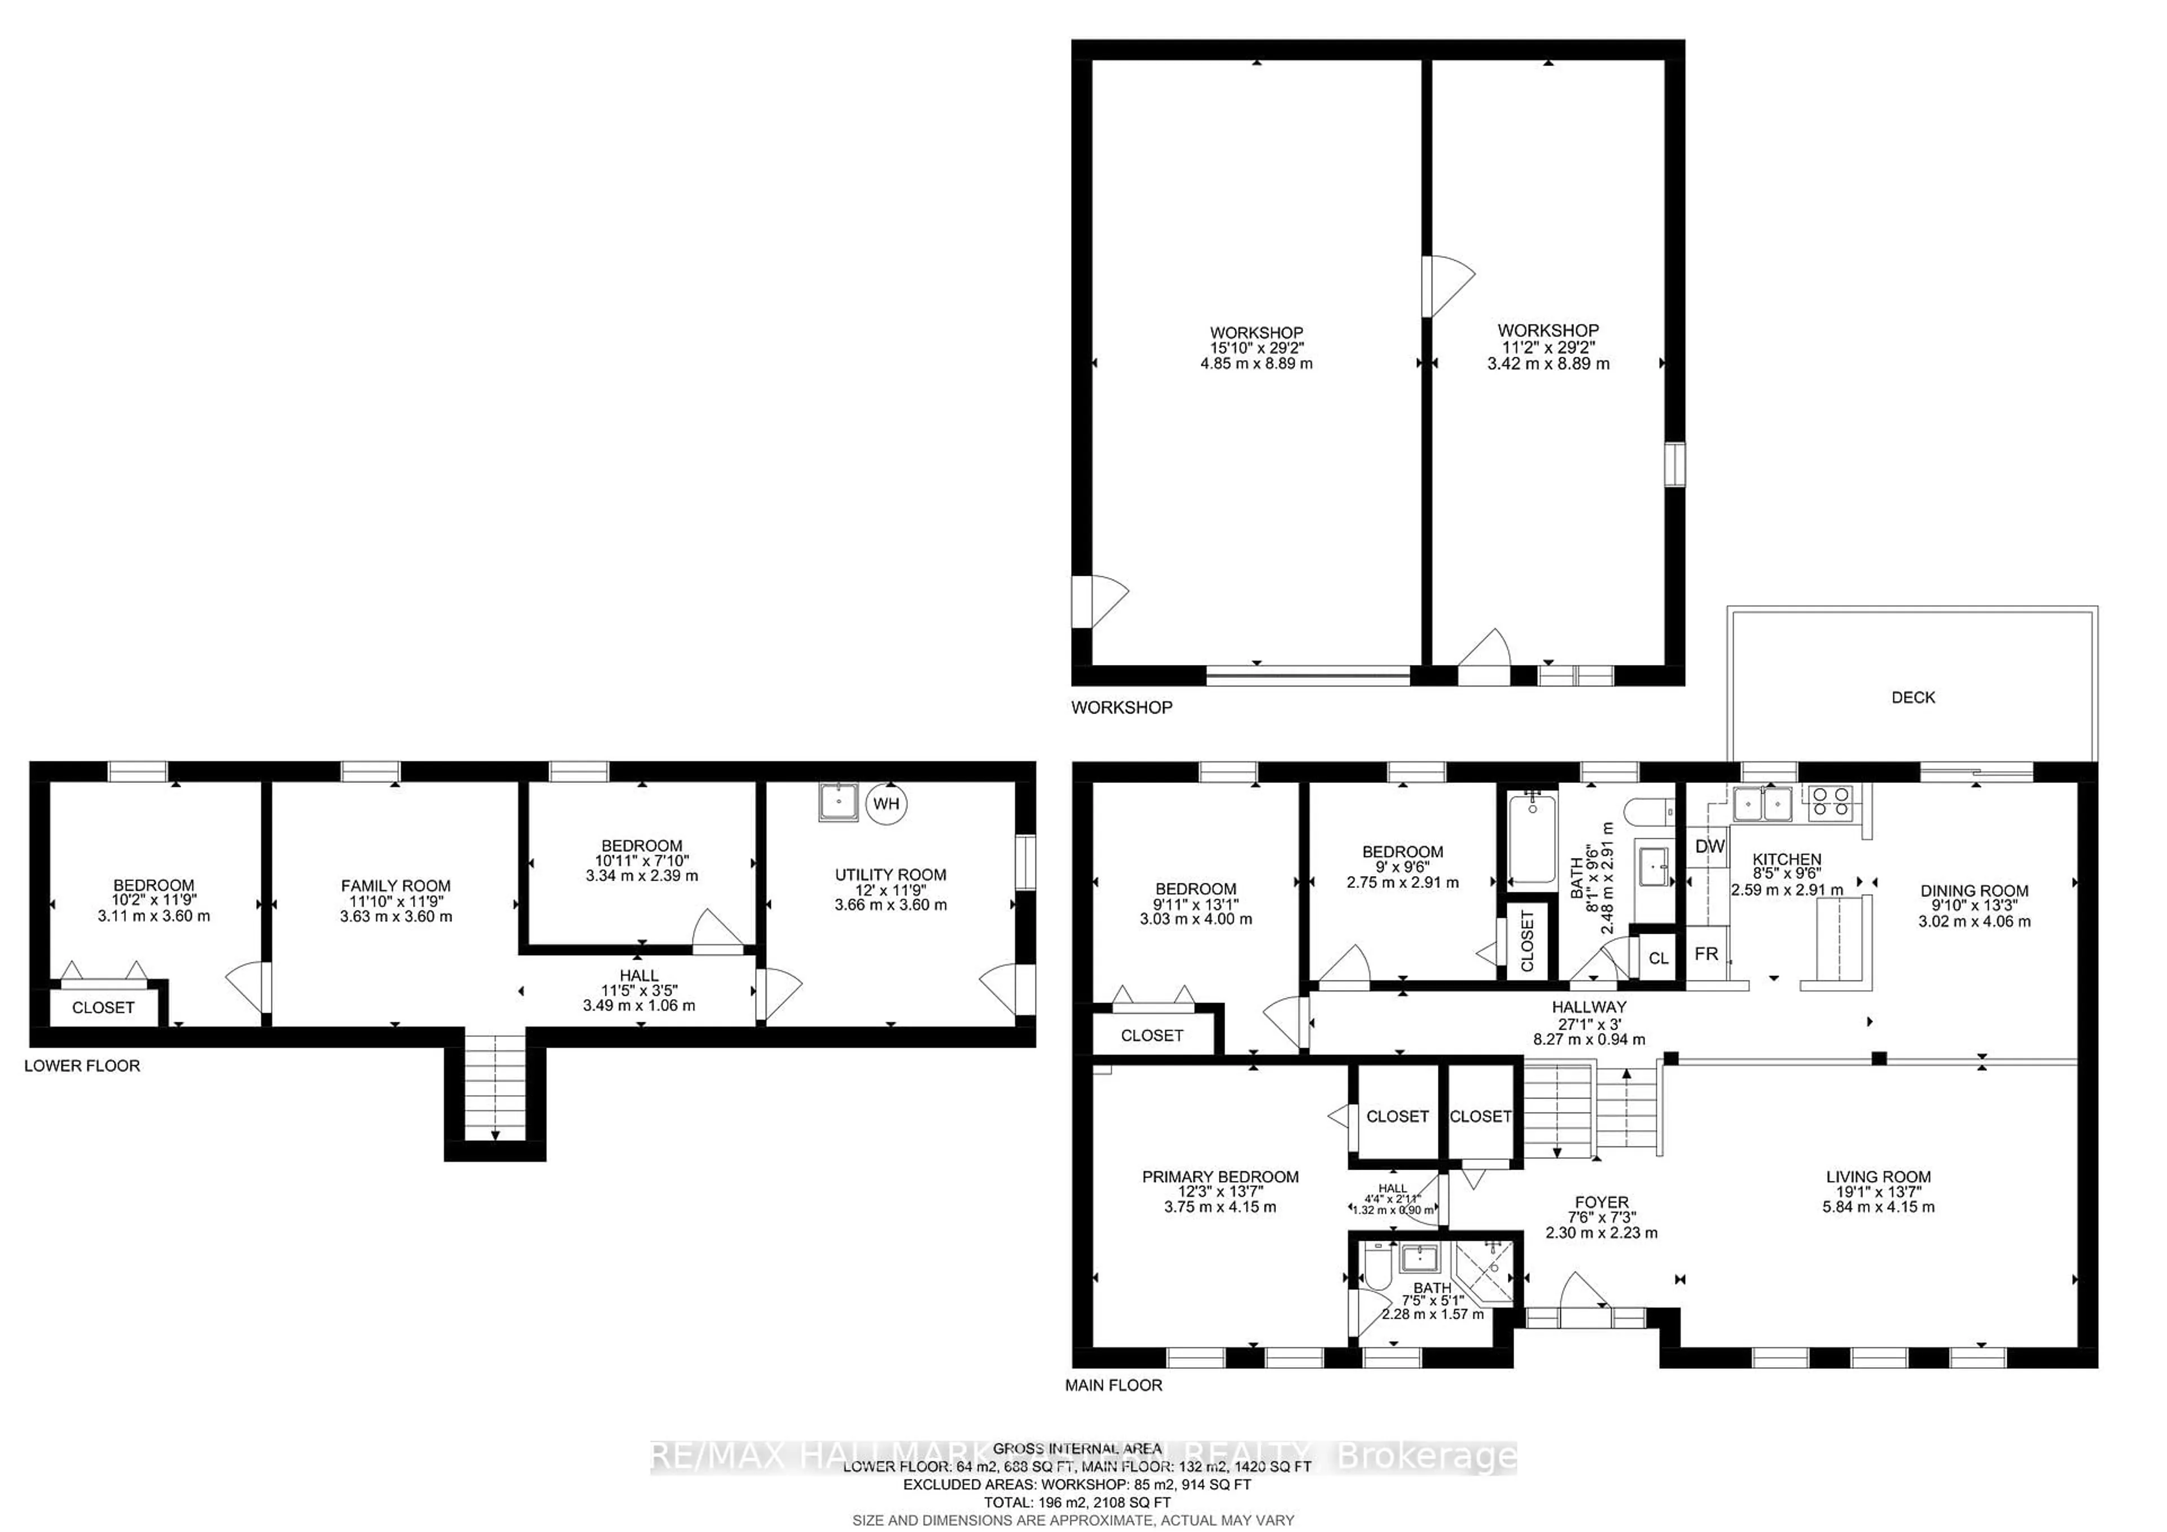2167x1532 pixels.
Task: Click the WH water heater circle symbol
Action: click(885, 803)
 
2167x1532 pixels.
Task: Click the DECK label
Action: click(1913, 698)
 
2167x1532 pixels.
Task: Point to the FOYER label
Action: click(1601, 1202)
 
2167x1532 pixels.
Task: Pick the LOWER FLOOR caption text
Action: click(82, 1066)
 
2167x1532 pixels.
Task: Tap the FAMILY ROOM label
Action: click(396, 886)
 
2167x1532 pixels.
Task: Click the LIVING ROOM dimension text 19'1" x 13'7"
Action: click(1878, 1191)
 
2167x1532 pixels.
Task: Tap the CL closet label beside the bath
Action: click(1659, 958)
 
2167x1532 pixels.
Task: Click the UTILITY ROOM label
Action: click(890, 875)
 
